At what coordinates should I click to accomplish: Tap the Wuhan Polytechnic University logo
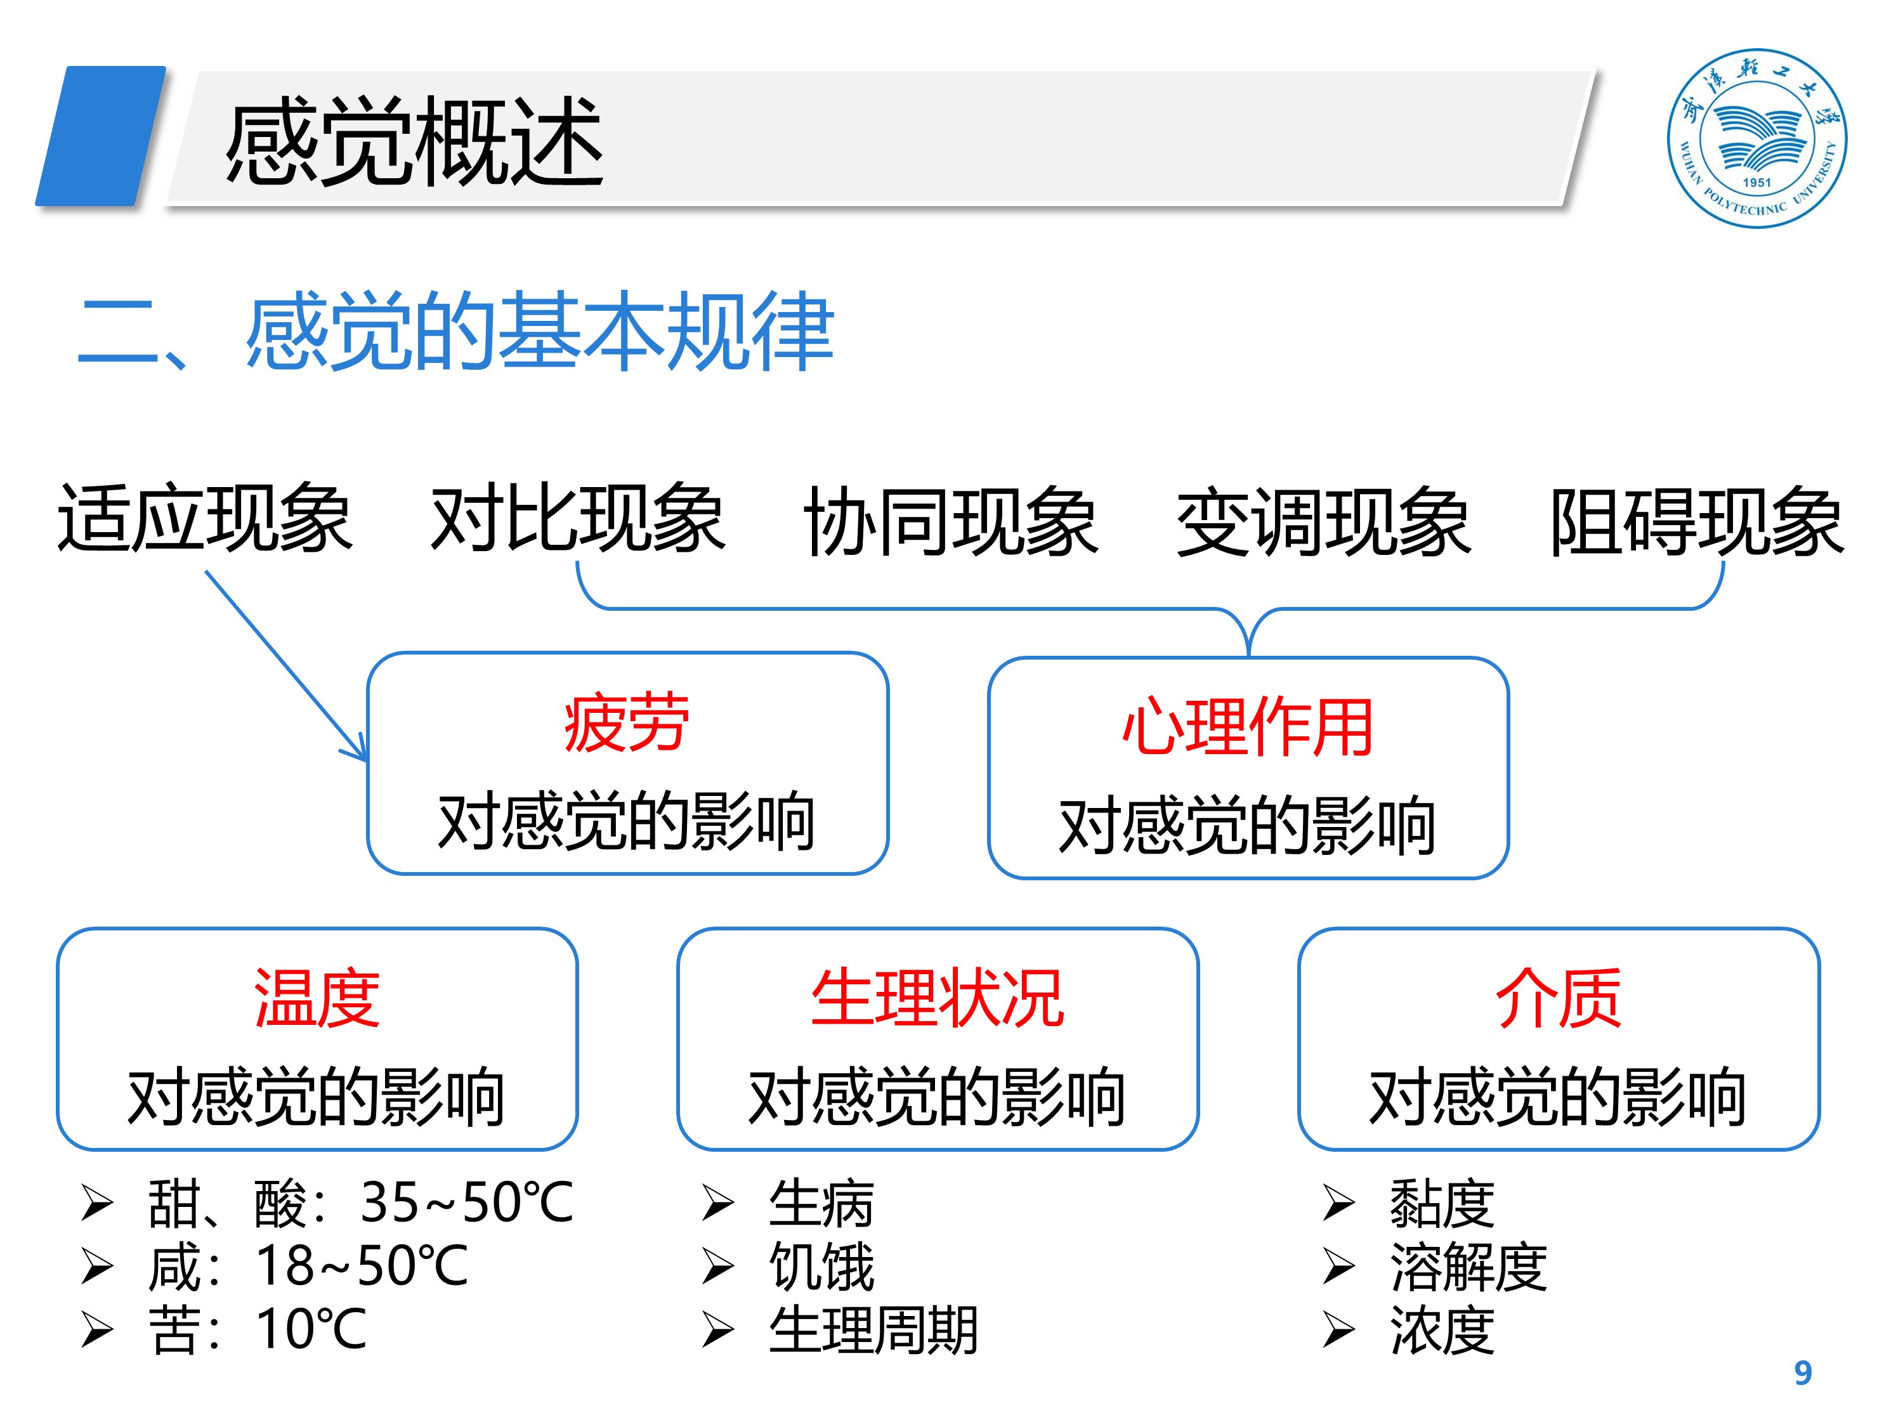coord(1756,138)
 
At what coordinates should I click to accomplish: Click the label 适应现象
coord(205,519)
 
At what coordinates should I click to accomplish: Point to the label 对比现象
coord(577,519)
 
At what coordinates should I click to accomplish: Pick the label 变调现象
coord(1323,521)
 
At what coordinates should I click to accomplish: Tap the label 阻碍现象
coord(1697,521)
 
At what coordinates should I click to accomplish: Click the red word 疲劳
coord(626,724)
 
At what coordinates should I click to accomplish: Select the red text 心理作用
coord(1248,727)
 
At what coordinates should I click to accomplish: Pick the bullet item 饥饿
coord(821,1266)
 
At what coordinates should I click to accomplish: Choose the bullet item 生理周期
coord(873,1330)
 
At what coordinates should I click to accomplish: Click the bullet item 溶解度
coord(1468,1266)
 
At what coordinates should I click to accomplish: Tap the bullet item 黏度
coord(1442,1202)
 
